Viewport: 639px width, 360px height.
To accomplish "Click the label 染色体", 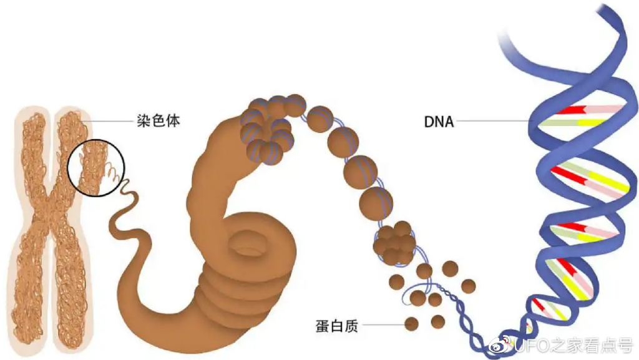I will click(x=158, y=120).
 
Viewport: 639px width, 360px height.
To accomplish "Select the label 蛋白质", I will click(x=336, y=325).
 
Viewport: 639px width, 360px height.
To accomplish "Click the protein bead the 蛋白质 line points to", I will click(x=412, y=324).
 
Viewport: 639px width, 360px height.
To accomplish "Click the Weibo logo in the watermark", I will click(x=502, y=345).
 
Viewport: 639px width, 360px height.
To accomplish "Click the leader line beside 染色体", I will click(x=106, y=120).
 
